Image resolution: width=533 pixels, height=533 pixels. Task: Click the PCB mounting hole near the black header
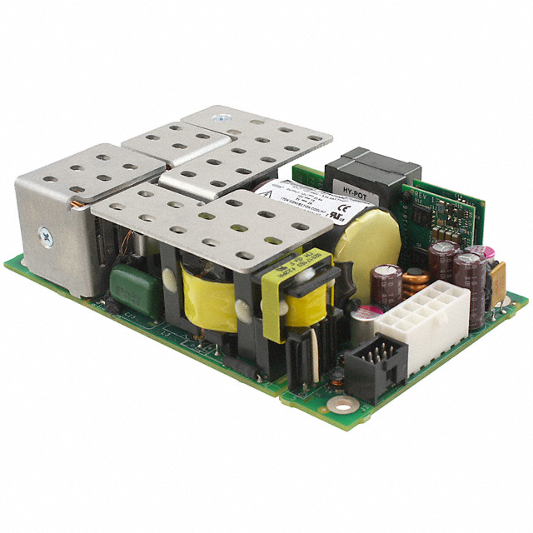pos(338,405)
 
